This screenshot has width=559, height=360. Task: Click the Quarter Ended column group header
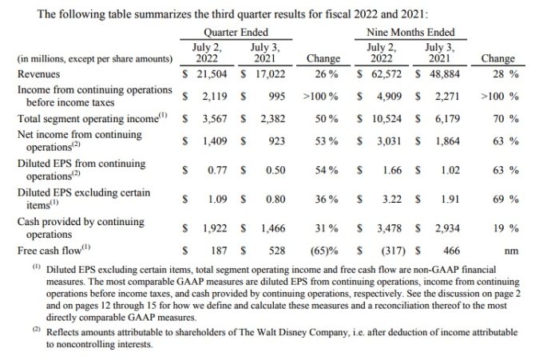click(236, 33)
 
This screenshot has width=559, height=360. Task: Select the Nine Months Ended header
click(410, 33)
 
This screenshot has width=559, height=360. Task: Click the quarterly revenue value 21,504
click(212, 74)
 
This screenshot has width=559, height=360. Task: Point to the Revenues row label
click(39, 74)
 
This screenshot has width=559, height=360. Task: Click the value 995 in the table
click(277, 97)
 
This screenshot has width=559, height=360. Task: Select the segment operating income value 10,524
click(387, 119)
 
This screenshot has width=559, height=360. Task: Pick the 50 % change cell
click(326, 119)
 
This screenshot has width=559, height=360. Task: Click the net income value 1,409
click(215, 141)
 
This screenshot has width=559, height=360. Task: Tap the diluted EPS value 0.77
click(217, 170)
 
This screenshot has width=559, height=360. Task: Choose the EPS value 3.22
click(392, 200)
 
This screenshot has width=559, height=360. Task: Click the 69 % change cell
click(505, 200)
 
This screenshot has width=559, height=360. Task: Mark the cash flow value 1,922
click(215, 228)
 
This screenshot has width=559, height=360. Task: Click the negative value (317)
click(394, 251)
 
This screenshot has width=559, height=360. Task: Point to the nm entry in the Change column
click(511, 251)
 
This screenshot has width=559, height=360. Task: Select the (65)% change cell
click(324, 251)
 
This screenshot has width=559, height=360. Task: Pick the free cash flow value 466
click(452, 251)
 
